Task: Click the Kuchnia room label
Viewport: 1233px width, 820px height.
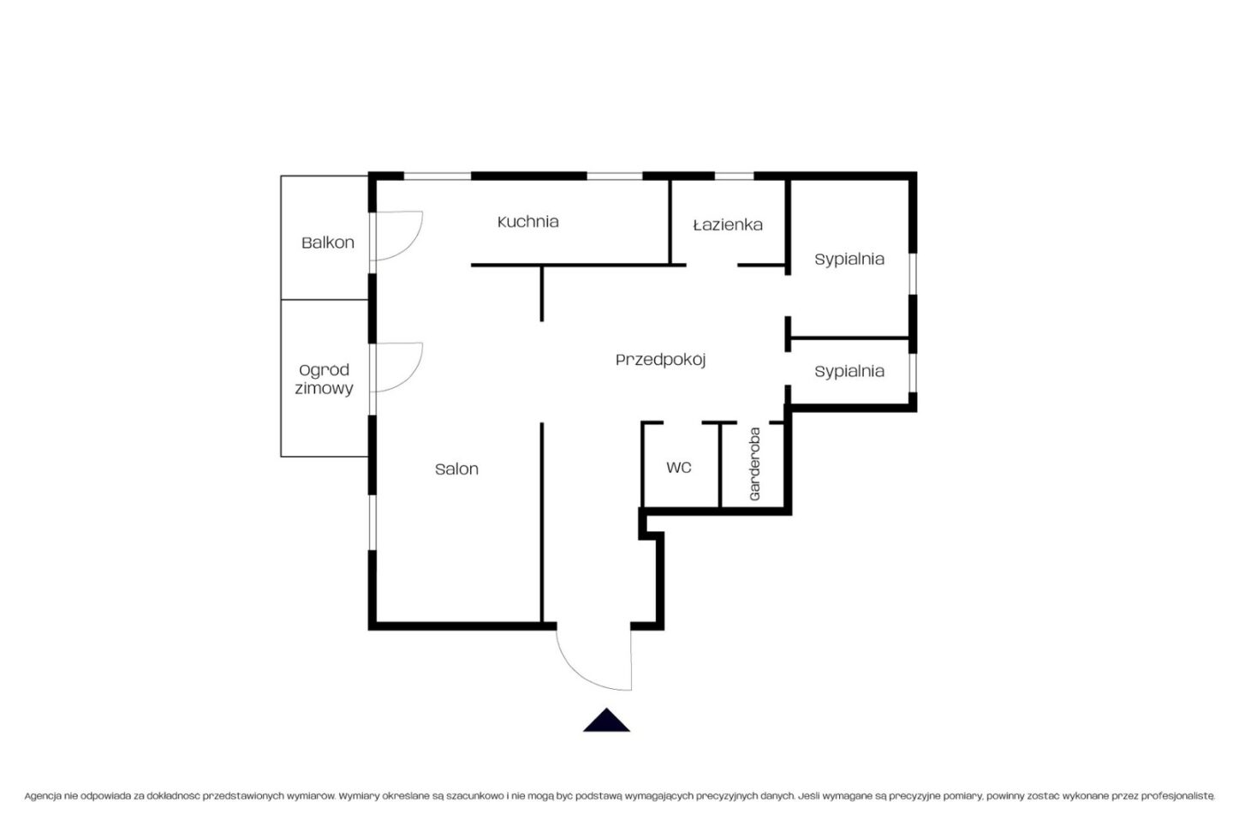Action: (527, 222)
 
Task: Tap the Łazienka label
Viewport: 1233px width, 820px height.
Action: (728, 224)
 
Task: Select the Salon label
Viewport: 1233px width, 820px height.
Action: (456, 470)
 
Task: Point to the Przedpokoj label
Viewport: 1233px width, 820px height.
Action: (660, 360)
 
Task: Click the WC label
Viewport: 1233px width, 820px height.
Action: (679, 468)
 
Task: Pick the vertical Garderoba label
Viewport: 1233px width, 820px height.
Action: (754, 464)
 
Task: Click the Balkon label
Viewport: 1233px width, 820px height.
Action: (327, 242)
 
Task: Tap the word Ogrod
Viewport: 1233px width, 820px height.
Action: (324, 369)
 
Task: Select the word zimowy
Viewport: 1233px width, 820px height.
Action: (324, 388)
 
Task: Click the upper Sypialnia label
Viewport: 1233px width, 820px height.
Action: (849, 260)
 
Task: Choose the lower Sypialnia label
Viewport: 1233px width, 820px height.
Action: (849, 372)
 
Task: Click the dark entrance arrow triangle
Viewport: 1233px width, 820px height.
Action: (606, 720)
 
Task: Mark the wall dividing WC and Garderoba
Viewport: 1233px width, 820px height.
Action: (719, 465)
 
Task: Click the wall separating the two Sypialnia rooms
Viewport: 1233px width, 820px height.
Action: (849, 338)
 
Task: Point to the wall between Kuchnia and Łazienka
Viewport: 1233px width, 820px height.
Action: (670, 223)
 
